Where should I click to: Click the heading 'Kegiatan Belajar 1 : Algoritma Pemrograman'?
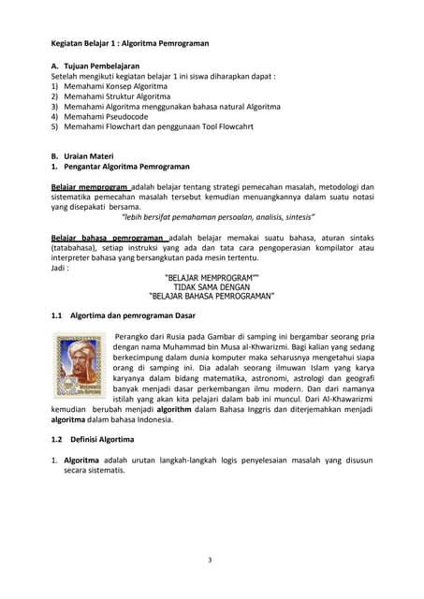pos(130,43)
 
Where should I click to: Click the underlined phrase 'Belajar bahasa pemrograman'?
pos(108,238)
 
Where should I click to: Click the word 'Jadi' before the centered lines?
pos(59,268)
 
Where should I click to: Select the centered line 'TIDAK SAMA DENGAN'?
pos(212,286)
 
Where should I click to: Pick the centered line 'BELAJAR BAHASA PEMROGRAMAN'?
pos(212,296)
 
